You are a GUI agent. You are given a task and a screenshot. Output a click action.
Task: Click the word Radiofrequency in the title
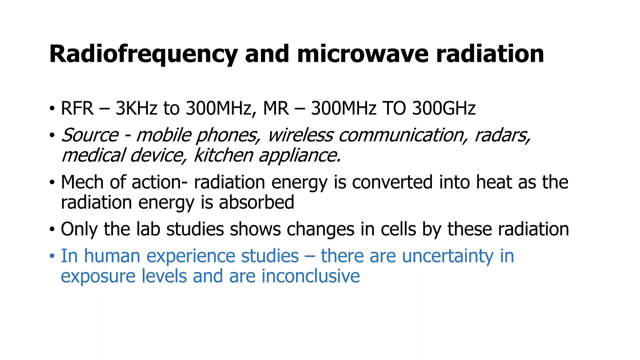[x=143, y=54]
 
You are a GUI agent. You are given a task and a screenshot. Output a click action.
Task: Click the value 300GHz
[x=444, y=108]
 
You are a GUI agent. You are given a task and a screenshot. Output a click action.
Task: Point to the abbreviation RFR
[x=77, y=108]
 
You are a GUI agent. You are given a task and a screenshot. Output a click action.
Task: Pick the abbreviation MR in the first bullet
[x=276, y=108]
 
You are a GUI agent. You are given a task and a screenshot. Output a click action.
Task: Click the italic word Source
[x=90, y=135]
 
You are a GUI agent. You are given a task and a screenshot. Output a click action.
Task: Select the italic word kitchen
[x=223, y=155]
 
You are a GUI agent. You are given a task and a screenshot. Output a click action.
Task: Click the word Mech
[x=82, y=182]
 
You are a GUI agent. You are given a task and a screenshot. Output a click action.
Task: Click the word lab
[x=148, y=229]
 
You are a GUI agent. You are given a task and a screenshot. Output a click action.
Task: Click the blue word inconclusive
[x=310, y=276]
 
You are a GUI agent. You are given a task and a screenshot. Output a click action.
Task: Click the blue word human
[x=112, y=256]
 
